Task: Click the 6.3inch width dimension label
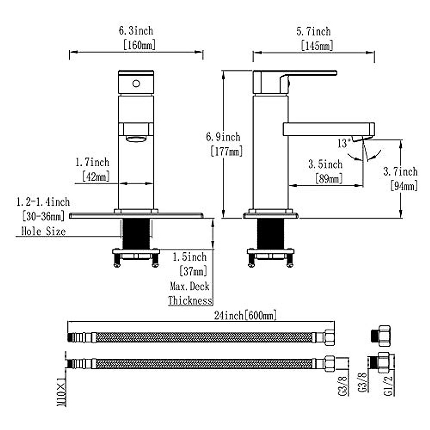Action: (x=136, y=31)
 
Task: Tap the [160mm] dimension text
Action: (x=139, y=45)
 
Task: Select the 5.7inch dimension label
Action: (x=313, y=32)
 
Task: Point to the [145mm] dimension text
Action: (x=317, y=46)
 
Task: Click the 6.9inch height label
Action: (x=223, y=137)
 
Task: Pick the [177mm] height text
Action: (x=226, y=151)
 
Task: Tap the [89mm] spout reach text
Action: (x=329, y=178)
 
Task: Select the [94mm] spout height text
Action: (x=404, y=186)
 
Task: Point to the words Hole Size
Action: (x=44, y=231)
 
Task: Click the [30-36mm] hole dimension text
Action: (x=43, y=216)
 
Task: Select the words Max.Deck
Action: (x=190, y=286)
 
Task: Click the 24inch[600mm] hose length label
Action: (x=245, y=316)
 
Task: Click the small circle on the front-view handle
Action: (x=136, y=84)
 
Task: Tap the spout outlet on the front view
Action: (x=136, y=138)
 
